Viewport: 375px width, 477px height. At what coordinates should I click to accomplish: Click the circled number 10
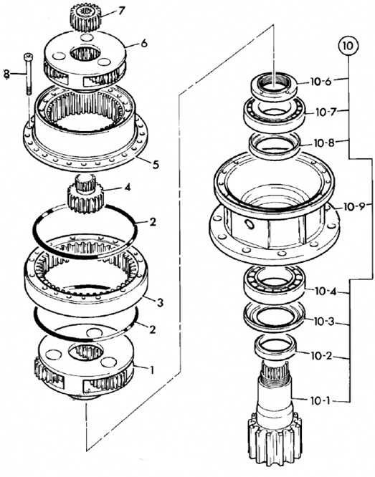pos(348,47)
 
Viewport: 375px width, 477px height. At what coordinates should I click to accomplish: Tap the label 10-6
pos(321,82)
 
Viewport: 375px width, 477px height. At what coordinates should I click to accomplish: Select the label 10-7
pos(326,112)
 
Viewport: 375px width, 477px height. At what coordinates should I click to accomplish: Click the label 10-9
pos(353,207)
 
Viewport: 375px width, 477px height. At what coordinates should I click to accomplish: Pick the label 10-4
pos(326,291)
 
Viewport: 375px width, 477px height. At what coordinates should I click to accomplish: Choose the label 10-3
pos(324,322)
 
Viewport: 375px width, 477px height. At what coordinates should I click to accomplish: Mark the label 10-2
pos(322,355)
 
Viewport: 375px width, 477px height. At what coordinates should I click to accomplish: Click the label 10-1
pos(320,401)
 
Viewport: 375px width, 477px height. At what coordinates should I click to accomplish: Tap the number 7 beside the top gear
pos(121,11)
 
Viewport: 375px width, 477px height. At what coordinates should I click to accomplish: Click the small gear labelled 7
pos(85,18)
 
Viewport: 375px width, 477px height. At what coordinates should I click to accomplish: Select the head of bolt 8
pos(27,57)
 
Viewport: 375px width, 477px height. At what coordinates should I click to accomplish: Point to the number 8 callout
pos(6,74)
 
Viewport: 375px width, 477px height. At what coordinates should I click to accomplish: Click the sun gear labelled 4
pos(85,194)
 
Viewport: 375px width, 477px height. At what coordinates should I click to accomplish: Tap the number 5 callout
pos(156,165)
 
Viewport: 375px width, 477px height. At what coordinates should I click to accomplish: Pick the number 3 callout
pos(160,302)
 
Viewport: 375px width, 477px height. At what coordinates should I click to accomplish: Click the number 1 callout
pos(151,370)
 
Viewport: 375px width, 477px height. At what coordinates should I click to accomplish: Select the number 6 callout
pos(144,44)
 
